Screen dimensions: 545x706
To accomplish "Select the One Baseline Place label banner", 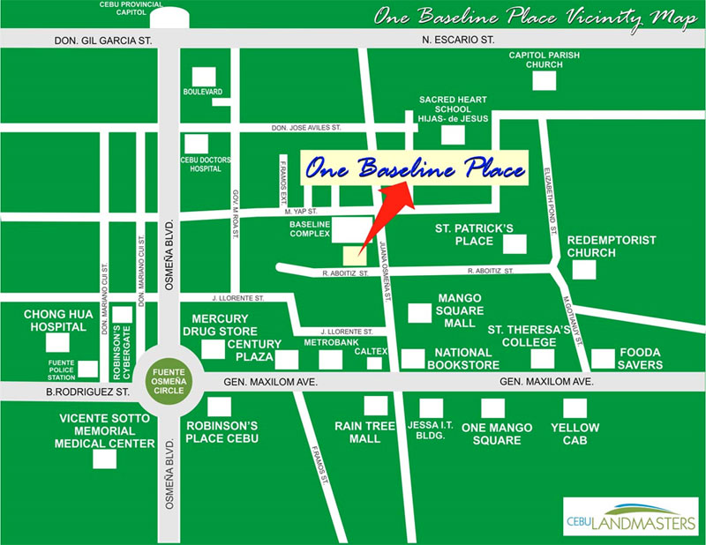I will pos(415,168).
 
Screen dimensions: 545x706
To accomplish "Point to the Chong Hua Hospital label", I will pos(56,320).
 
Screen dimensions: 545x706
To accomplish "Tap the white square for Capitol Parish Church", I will pos(544,81).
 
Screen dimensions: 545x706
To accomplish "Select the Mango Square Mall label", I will pos(460,310).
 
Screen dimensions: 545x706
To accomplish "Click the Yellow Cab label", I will pos(575,433).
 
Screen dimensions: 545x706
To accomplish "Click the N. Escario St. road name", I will pos(459,41).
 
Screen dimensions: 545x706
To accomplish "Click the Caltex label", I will pos(371,351).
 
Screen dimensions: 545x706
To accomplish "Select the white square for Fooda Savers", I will pos(603,358).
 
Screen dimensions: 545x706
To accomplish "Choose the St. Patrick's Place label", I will pos(473,234).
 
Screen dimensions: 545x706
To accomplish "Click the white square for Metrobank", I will pos(330,359).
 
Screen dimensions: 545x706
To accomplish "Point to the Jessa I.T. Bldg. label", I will pos(430,433).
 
